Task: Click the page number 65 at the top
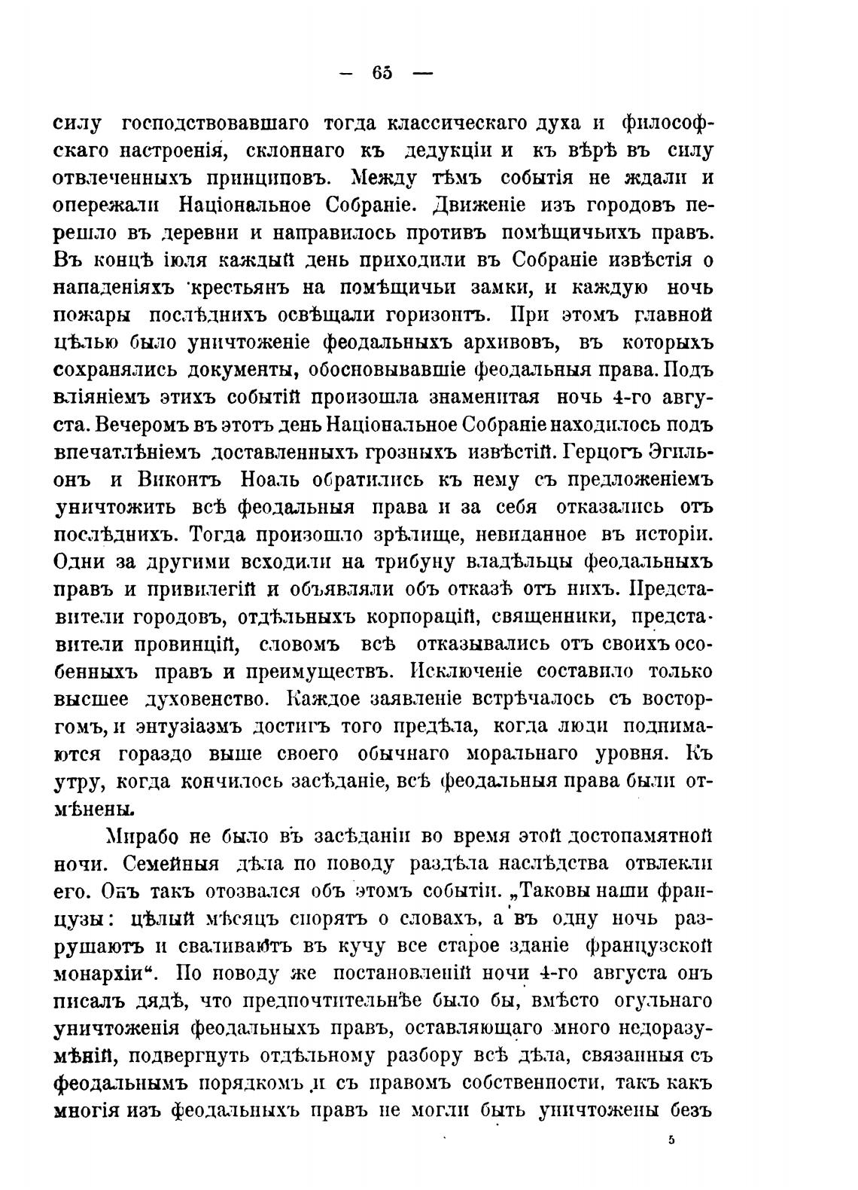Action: pos(382,73)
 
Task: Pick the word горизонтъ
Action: pos(437,315)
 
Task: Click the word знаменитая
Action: pos(472,398)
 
